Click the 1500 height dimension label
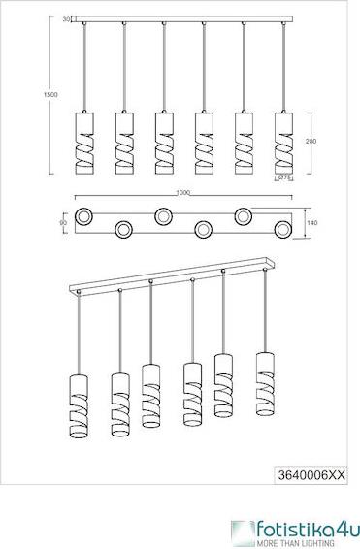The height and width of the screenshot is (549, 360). tap(50, 94)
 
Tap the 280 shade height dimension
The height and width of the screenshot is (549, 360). tap(311, 141)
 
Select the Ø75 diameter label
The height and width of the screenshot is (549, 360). tap(285, 178)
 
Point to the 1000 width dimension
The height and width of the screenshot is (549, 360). tap(182, 193)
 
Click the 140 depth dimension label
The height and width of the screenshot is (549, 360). tap(312, 223)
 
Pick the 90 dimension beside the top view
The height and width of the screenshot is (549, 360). tap(63, 223)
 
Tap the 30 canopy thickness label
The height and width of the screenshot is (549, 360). tap(66, 19)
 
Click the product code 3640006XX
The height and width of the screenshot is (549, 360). tap(311, 475)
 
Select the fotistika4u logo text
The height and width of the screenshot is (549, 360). tap(308, 530)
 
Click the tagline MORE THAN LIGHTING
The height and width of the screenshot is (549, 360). tap(295, 543)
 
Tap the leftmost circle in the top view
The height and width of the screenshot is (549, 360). tap(83, 217)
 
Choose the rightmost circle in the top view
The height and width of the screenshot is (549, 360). tap(283, 229)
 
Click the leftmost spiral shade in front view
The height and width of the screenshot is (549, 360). tap(84, 144)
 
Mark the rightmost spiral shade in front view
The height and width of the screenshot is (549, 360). tap(283, 144)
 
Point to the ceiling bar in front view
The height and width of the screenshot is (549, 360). tap(181, 18)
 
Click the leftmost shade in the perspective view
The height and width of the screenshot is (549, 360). tap(79, 406)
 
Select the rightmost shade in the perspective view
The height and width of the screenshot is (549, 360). tap(265, 384)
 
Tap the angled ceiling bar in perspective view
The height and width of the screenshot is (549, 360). tap(173, 276)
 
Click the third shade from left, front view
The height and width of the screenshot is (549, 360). tap(164, 144)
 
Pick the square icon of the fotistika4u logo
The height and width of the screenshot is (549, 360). tap(243, 533)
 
